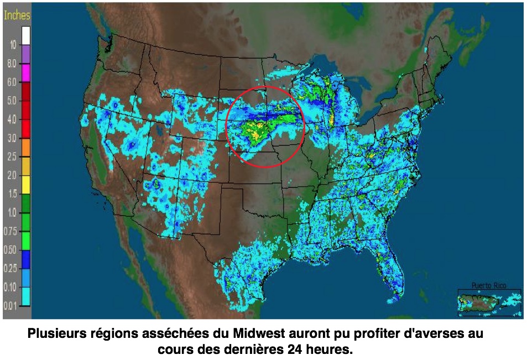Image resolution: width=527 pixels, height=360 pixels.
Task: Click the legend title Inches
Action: pos(17,15)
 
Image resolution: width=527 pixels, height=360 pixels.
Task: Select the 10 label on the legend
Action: pos(13,44)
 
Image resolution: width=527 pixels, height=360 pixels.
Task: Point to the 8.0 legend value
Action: pos(12,63)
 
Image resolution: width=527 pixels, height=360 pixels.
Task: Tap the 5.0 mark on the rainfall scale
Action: pos(12,101)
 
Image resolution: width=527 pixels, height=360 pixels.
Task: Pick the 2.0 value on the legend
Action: pos(12,175)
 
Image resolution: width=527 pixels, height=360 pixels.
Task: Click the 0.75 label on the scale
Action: pos(11,231)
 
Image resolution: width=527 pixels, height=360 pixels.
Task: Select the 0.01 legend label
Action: pos(11,306)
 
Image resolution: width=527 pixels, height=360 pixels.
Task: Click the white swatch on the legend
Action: pos(26,35)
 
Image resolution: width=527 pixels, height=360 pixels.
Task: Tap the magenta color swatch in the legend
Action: pos(26,72)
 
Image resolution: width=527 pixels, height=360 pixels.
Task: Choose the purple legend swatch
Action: pos(26,54)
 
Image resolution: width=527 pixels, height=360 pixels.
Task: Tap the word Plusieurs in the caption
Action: pos(53,335)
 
